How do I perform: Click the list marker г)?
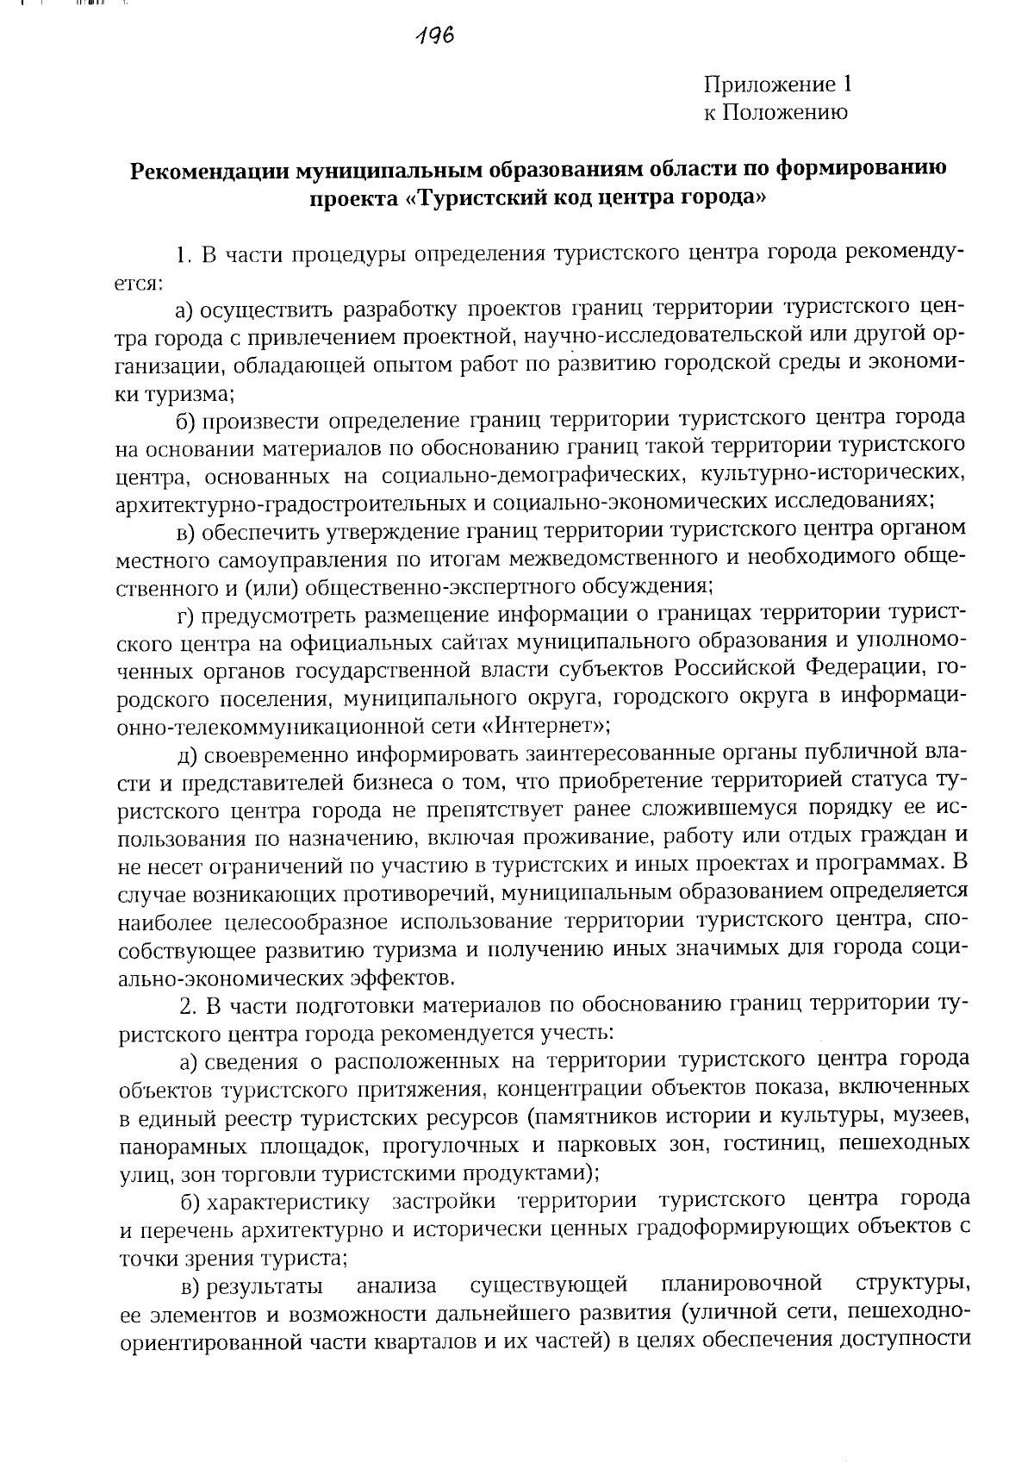point(187,614)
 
